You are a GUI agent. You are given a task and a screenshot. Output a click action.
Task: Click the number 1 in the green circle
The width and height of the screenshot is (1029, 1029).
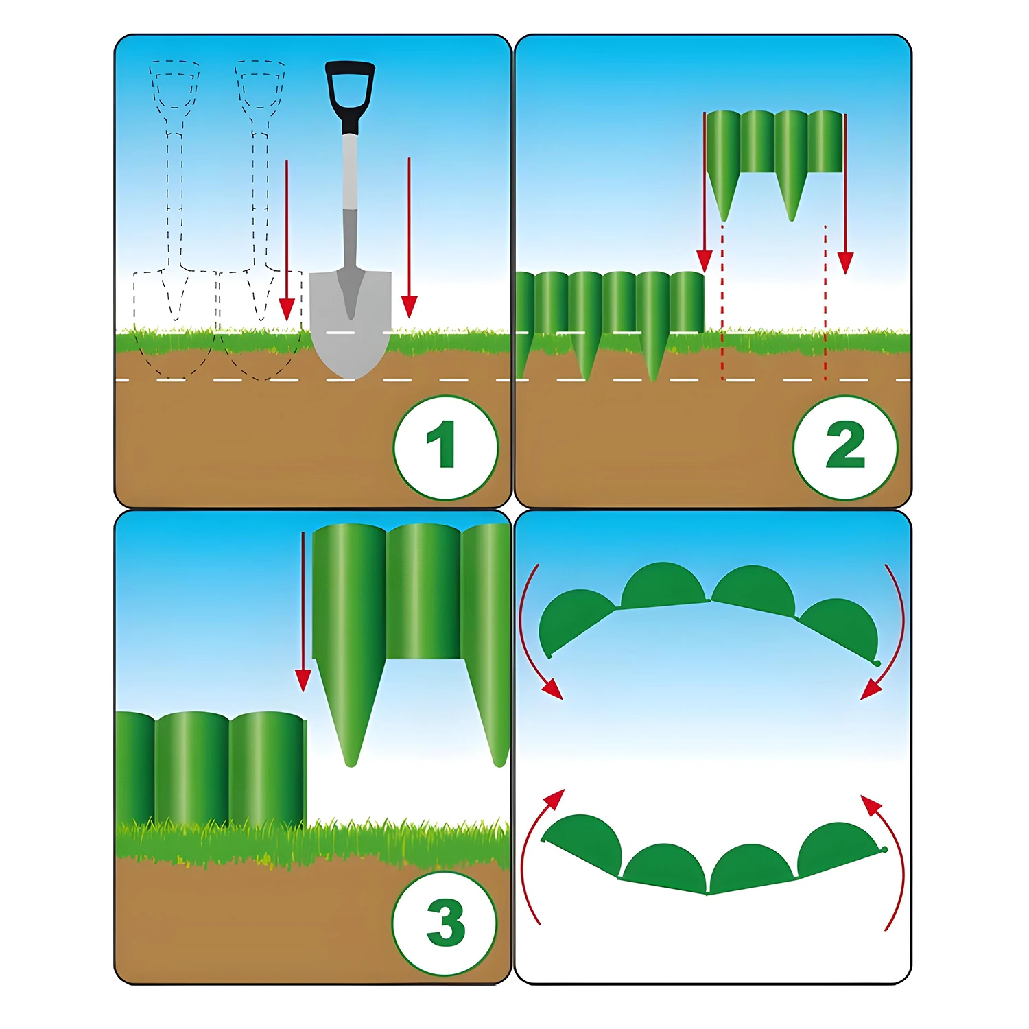point(442,444)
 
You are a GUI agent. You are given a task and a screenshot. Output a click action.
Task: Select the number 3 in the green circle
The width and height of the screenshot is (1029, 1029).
point(446,922)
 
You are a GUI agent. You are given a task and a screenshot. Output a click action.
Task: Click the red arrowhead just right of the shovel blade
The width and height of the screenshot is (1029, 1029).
point(409,307)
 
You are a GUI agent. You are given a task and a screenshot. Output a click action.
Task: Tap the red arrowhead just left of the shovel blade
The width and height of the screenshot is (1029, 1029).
point(287,309)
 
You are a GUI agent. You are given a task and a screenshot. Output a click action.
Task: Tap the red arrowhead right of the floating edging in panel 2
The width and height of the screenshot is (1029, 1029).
point(845,263)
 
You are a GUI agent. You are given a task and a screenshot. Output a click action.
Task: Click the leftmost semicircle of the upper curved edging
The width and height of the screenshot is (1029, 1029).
point(575,620)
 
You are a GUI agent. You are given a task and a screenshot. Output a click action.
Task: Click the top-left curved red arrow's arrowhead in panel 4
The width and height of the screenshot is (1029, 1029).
point(552,689)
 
